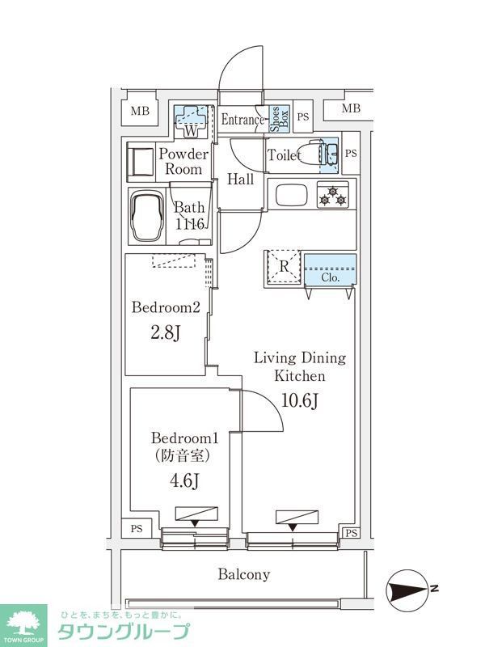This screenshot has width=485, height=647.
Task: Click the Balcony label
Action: coord(243,575)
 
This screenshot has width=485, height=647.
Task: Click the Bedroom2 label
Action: coord(166,307)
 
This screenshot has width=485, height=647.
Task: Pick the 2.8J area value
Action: coord(166,333)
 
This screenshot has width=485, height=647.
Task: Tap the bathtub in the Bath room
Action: coord(148,215)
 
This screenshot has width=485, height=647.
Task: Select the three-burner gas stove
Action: coord(331,195)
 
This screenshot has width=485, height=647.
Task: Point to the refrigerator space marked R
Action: coord(284,269)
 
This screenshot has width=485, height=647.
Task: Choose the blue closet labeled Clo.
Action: coord(330,270)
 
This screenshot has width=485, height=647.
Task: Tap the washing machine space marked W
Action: coord(191,121)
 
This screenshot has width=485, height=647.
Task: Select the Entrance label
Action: coord(242,121)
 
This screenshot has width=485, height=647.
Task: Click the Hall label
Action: coord(240,180)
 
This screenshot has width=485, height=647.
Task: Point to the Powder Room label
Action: coord(183,162)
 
